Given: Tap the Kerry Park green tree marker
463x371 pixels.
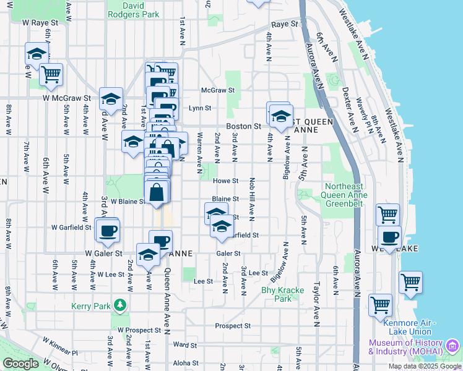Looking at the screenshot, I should (x=119, y=305).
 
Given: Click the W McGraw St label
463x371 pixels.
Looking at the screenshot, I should (x=67, y=98).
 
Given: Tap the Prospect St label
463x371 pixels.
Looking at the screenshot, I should (x=233, y=326).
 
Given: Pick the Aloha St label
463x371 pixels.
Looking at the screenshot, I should (x=186, y=363).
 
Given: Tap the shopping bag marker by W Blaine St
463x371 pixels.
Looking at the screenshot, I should (x=157, y=192).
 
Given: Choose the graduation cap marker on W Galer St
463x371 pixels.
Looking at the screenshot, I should (x=148, y=255).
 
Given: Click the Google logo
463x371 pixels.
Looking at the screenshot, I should (x=20, y=364).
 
